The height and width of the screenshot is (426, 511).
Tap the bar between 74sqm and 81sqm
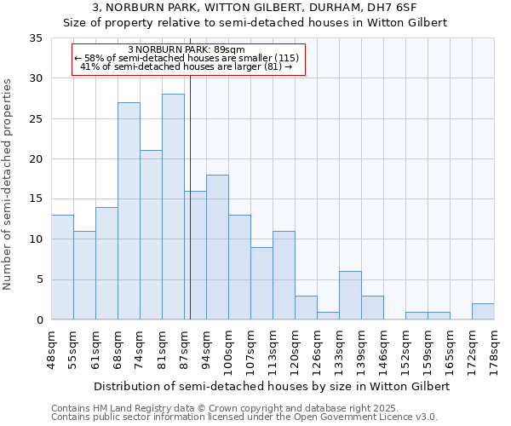click(151, 235)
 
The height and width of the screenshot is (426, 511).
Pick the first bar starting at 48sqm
click(62, 268)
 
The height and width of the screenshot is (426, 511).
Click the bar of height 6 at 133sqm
click(350, 296)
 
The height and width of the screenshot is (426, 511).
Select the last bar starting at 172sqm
click(483, 312)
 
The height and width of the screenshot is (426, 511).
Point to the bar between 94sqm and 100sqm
click(217, 247)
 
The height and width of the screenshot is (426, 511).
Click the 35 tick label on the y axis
click(36, 38)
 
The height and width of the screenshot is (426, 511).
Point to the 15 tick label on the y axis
click(36, 199)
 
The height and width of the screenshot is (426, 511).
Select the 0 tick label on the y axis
click(39, 320)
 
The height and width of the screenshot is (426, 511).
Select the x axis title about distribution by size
click(271, 386)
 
